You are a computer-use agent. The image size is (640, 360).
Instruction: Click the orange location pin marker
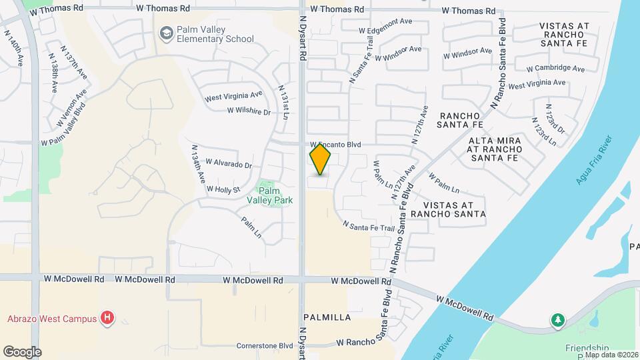[320, 159]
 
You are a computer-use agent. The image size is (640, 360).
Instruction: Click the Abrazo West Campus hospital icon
[107, 318]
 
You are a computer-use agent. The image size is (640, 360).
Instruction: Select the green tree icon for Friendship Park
[557, 321]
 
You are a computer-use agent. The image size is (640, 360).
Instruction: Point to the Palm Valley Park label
[269, 195]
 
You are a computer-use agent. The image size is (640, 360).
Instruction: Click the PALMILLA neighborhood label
[327, 317]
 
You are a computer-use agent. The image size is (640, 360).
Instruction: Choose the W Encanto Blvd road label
[337, 144]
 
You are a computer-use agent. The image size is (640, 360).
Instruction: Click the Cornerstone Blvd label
[265, 345]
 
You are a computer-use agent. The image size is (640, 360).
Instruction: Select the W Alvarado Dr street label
[229, 163]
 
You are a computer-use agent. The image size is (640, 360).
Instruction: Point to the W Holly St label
[223, 189]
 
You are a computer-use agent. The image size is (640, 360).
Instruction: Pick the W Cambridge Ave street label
[555, 68]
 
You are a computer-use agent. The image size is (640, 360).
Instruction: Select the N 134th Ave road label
[197, 165]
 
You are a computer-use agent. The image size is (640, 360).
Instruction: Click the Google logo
[22, 351]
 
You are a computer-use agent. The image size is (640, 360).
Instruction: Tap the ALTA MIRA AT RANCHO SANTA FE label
[493, 149]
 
